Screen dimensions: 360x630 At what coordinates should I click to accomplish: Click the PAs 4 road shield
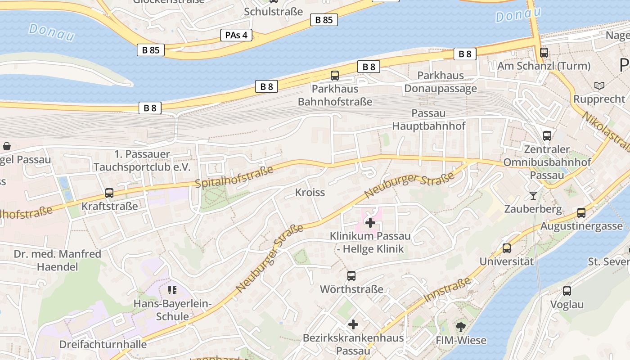pyautogui.click(x=236, y=35)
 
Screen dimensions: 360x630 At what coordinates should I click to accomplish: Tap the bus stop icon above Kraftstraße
pyautogui.click(x=109, y=193)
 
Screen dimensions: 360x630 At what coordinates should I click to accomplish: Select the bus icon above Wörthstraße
pyautogui.click(x=351, y=276)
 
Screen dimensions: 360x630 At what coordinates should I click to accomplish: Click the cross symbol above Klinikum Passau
pyautogui.click(x=370, y=222)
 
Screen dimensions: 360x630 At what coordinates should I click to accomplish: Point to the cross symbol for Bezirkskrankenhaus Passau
pyautogui.click(x=353, y=324)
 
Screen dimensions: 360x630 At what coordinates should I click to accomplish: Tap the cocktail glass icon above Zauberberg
pyautogui.click(x=533, y=195)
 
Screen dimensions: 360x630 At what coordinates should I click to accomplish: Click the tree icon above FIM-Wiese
pyautogui.click(x=461, y=327)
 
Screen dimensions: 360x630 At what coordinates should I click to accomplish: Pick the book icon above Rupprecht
pyautogui.click(x=599, y=85)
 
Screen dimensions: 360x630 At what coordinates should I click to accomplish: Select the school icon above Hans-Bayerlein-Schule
pyautogui.click(x=172, y=290)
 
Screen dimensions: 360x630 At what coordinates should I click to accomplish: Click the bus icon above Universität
pyautogui.click(x=507, y=248)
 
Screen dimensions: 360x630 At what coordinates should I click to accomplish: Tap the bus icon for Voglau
pyautogui.click(x=567, y=291)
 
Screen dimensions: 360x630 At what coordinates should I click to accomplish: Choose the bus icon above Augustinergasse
pyautogui.click(x=581, y=212)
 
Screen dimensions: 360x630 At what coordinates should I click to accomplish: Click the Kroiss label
pyautogui.click(x=310, y=193)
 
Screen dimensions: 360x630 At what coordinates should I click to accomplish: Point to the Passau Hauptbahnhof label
pyautogui.click(x=428, y=120)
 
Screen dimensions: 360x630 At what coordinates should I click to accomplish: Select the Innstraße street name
pyautogui.click(x=447, y=290)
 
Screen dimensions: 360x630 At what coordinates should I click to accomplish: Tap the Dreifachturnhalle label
pyautogui.click(x=103, y=345)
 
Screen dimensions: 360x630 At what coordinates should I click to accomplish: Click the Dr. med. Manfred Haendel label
pyautogui.click(x=58, y=261)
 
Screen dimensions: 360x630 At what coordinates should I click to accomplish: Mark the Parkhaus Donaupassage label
pyautogui.click(x=441, y=82)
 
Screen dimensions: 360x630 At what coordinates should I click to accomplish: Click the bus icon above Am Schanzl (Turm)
pyautogui.click(x=544, y=52)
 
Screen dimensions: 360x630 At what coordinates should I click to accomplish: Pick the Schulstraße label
pyautogui.click(x=274, y=12)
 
